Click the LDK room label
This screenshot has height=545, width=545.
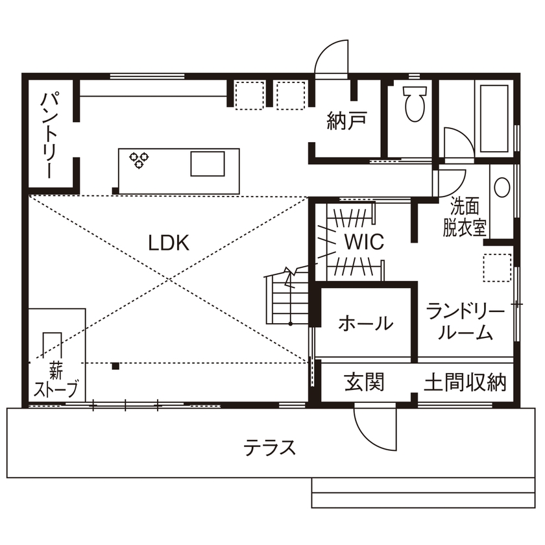click(x=168, y=243)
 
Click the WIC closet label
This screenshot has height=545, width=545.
click(x=364, y=242)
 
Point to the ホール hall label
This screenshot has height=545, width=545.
click(x=365, y=323)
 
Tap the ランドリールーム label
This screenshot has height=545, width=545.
click(x=465, y=323)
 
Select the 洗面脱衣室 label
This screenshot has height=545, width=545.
click(x=465, y=217)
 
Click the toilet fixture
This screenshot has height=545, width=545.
click(x=413, y=104)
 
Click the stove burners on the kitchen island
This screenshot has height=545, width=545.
click(x=139, y=160)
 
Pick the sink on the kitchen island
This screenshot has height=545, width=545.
click(x=207, y=163)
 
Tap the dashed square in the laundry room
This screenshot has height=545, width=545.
click(x=498, y=267)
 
